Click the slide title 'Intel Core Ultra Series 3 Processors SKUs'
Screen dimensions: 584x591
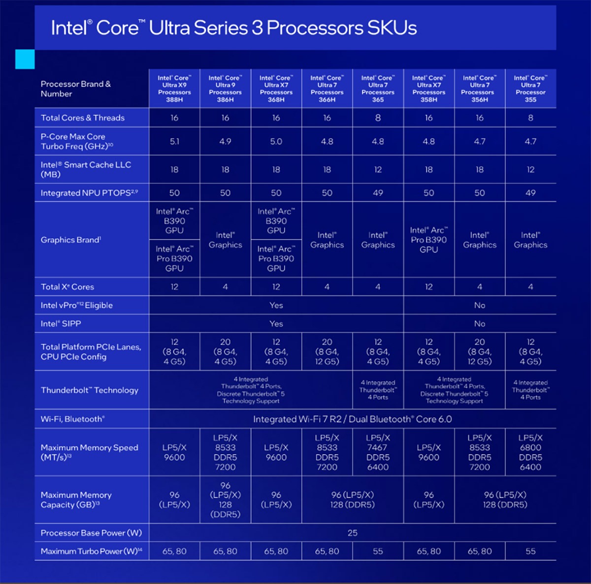point(234,28)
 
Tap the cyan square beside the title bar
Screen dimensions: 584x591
point(25,59)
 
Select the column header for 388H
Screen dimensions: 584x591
point(174,89)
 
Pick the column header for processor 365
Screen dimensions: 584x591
point(378,89)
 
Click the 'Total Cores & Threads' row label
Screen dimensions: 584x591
point(83,118)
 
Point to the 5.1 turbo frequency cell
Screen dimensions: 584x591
point(174,142)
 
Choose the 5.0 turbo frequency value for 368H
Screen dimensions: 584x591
point(276,142)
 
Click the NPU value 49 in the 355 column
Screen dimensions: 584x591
point(530,193)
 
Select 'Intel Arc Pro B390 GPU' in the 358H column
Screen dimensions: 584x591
point(428,240)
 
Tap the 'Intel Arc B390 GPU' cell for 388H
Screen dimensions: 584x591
point(174,220)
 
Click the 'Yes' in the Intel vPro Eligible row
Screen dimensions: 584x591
point(276,305)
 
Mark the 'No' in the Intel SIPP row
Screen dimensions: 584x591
point(480,324)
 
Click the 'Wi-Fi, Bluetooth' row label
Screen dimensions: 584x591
point(73,419)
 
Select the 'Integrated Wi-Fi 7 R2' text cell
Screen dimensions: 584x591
point(353,419)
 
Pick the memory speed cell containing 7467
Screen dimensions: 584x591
point(378,452)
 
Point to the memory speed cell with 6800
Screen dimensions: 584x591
point(530,452)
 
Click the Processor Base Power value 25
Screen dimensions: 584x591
point(353,533)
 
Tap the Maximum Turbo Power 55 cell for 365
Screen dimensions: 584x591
point(378,551)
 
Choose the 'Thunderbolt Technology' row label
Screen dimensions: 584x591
point(90,390)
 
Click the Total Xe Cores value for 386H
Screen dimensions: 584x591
point(225,287)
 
